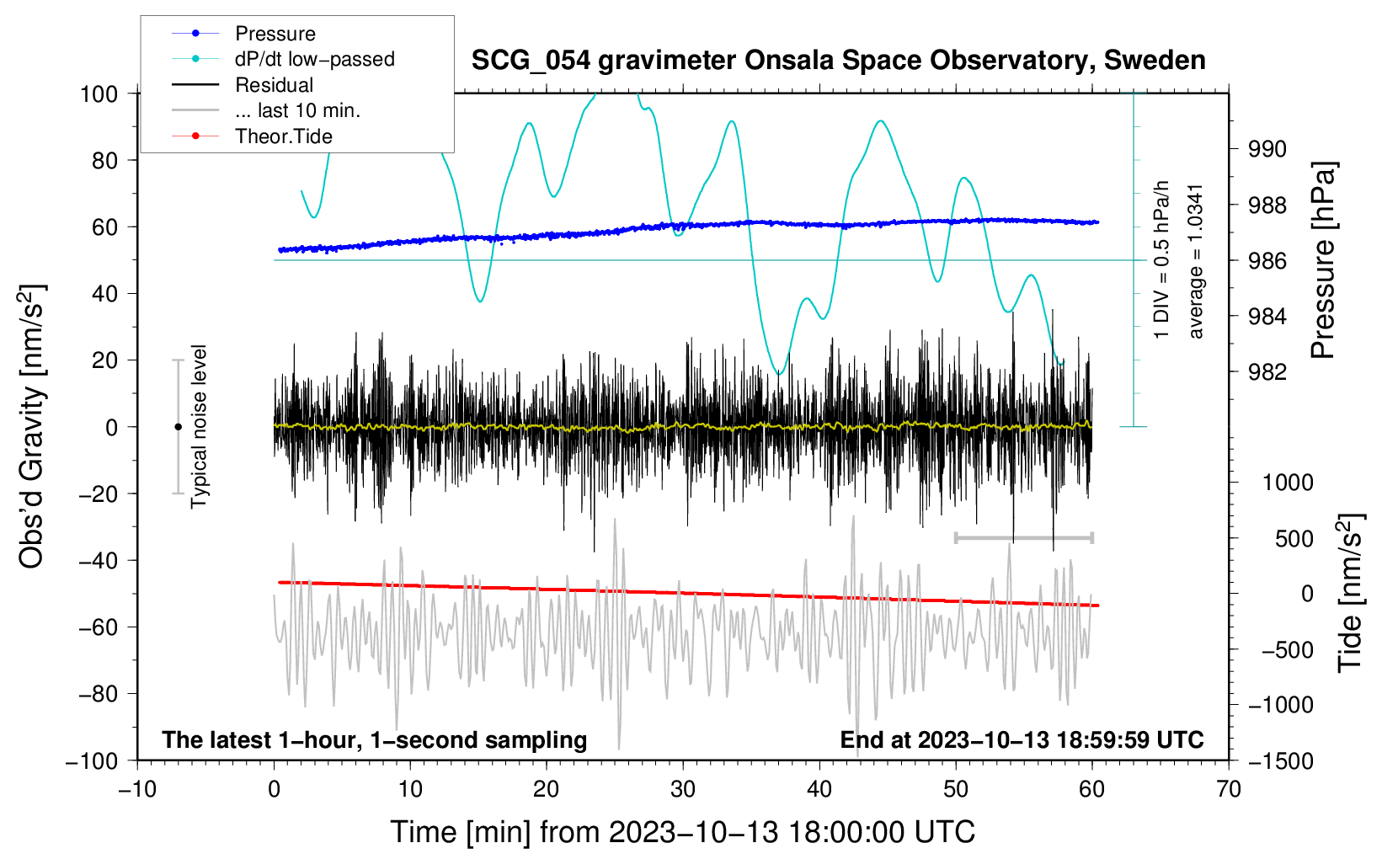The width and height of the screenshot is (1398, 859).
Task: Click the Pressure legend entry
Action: (243, 33)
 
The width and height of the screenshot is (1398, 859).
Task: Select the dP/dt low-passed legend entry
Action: (283, 59)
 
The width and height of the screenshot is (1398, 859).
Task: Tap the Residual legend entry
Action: (243, 85)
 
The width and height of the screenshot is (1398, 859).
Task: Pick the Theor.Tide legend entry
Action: (252, 136)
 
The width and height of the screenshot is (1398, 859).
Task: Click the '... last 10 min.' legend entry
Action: (266, 110)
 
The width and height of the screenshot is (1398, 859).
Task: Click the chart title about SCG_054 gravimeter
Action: (838, 61)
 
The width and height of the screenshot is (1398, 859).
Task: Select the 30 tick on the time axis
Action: (683, 790)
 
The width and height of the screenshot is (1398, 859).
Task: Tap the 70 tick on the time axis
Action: (1228, 790)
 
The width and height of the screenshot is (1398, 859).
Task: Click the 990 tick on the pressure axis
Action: (1267, 149)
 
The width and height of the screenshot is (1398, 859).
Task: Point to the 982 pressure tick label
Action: (1267, 372)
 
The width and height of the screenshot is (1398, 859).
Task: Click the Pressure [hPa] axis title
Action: (1322, 260)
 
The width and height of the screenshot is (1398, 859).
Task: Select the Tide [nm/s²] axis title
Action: (1350, 593)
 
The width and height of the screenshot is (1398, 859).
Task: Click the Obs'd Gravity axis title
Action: (31, 426)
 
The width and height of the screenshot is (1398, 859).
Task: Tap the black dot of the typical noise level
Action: (178, 427)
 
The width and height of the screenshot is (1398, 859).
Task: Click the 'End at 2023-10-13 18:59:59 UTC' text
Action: (1022, 739)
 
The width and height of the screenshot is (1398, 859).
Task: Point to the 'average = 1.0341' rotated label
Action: (1194, 262)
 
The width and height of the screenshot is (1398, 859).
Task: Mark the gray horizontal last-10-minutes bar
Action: (1023, 537)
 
